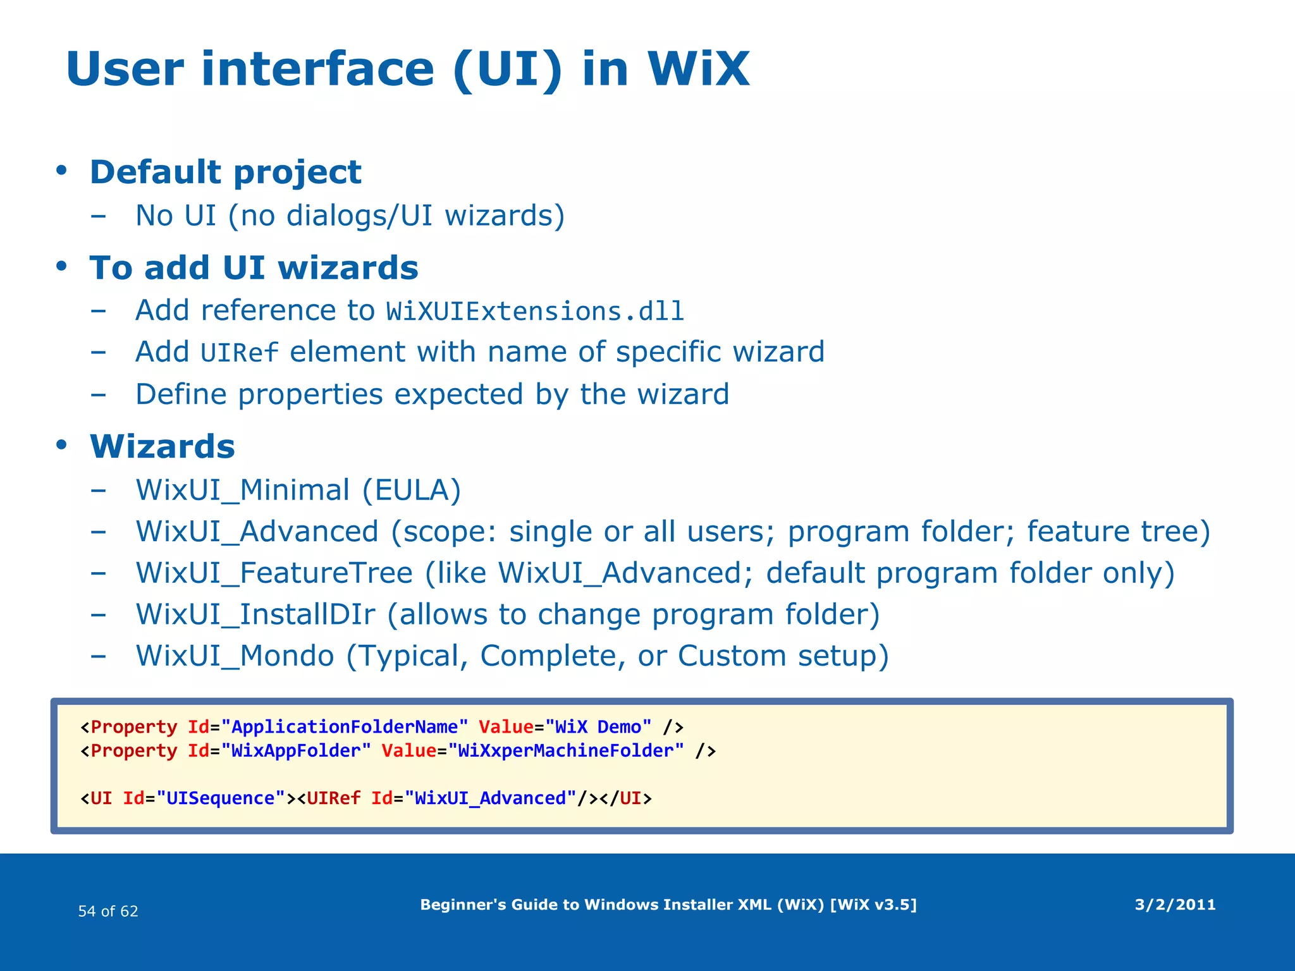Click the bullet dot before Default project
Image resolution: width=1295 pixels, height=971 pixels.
(x=61, y=171)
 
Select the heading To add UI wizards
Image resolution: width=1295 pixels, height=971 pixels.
(x=254, y=267)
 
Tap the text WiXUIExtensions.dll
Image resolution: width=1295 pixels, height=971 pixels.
(x=535, y=311)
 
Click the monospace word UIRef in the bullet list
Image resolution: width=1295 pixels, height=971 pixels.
(x=239, y=353)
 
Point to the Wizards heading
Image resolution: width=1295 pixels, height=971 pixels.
(x=163, y=446)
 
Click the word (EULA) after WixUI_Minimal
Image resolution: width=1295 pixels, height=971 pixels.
(x=412, y=490)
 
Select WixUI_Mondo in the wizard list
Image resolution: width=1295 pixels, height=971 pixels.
(x=235, y=656)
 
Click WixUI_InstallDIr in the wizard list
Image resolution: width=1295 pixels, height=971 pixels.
(x=255, y=614)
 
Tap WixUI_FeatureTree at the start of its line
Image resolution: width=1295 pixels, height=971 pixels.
(x=274, y=573)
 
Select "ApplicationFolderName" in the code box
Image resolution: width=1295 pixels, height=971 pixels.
(x=345, y=727)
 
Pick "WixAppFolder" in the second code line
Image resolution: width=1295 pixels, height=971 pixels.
(x=295, y=751)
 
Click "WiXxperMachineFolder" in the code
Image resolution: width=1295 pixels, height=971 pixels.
(x=566, y=751)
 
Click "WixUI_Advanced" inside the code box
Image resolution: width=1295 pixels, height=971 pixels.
(x=490, y=798)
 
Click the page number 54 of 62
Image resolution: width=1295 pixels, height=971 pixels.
(x=108, y=911)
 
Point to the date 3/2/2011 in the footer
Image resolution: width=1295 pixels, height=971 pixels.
(x=1175, y=905)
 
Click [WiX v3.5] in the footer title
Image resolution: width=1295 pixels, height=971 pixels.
(x=873, y=905)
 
